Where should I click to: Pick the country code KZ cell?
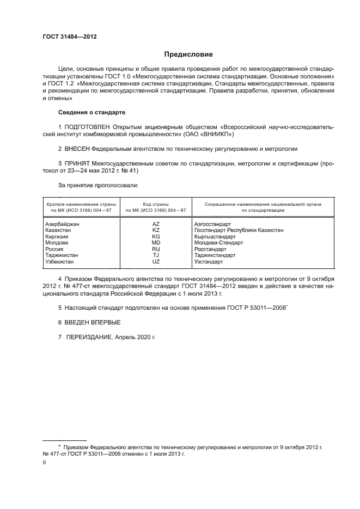(156, 230)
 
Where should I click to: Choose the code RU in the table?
(156, 249)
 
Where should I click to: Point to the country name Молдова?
(56, 243)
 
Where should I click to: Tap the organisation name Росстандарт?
(213, 249)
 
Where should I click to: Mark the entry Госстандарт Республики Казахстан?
(239, 230)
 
